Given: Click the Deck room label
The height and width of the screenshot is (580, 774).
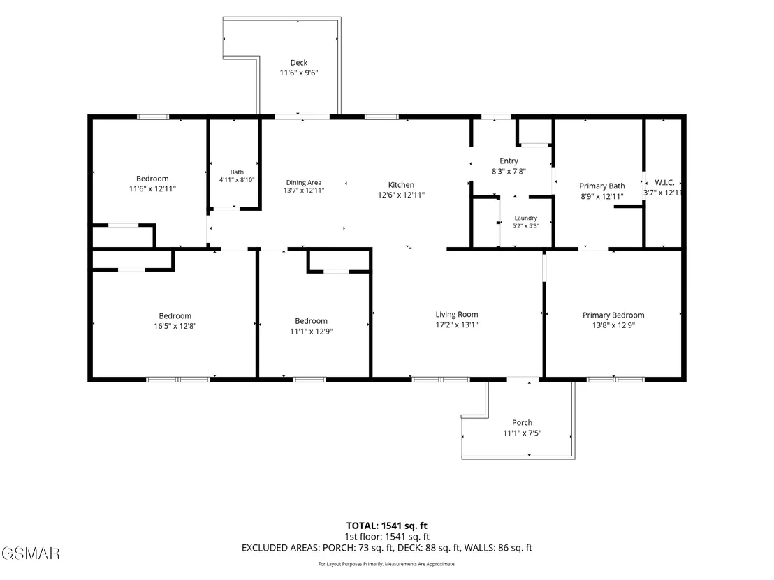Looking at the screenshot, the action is (x=299, y=63).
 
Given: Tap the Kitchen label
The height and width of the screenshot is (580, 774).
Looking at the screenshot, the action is (x=401, y=185).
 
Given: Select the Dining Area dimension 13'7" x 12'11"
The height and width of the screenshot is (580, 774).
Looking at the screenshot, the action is (x=304, y=191).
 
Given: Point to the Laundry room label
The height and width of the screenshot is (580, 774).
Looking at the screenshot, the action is (x=526, y=218).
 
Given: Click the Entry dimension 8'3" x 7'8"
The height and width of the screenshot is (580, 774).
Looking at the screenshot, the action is (x=509, y=171).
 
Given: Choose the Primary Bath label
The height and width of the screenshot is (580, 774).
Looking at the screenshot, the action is (x=601, y=186).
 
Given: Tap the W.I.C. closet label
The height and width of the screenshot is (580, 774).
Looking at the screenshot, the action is (x=664, y=182).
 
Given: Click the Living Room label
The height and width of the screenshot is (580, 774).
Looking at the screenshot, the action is (x=457, y=315).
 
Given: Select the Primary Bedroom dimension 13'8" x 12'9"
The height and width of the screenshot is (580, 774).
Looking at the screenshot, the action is (x=613, y=325).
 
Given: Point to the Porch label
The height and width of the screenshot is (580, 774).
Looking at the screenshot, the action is (x=522, y=423).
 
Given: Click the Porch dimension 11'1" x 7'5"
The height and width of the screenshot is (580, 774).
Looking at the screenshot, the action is (x=522, y=433).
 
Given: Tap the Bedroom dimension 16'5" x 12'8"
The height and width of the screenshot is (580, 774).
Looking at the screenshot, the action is (x=175, y=326).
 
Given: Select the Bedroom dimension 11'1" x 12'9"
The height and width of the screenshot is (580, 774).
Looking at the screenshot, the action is (x=311, y=332).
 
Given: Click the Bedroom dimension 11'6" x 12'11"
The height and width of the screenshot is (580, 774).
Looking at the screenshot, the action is (x=152, y=189).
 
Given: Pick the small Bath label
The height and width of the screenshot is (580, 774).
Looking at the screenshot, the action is (x=237, y=172).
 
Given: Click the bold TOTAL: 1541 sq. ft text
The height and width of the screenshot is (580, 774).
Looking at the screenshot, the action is (x=386, y=526).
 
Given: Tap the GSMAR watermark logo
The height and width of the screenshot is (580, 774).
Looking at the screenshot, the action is (x=31, y=553).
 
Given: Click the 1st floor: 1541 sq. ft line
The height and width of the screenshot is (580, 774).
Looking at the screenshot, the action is (x=386, y=537).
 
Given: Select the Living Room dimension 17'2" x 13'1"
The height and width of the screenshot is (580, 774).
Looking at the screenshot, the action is (x=457, y=325).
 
